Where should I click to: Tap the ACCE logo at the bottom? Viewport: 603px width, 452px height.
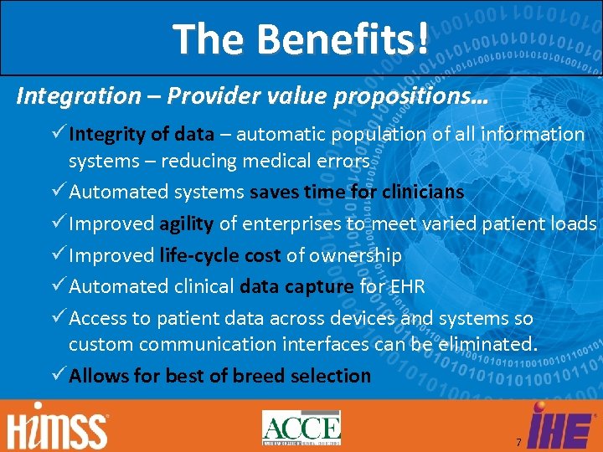tap(301, 428)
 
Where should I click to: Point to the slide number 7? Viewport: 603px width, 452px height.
tap(518, 443)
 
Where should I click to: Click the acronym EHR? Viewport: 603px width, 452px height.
tap(407, 286)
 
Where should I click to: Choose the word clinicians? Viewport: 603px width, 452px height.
tap(423, 192)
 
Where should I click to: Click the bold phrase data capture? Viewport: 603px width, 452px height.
tap(296, 286)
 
